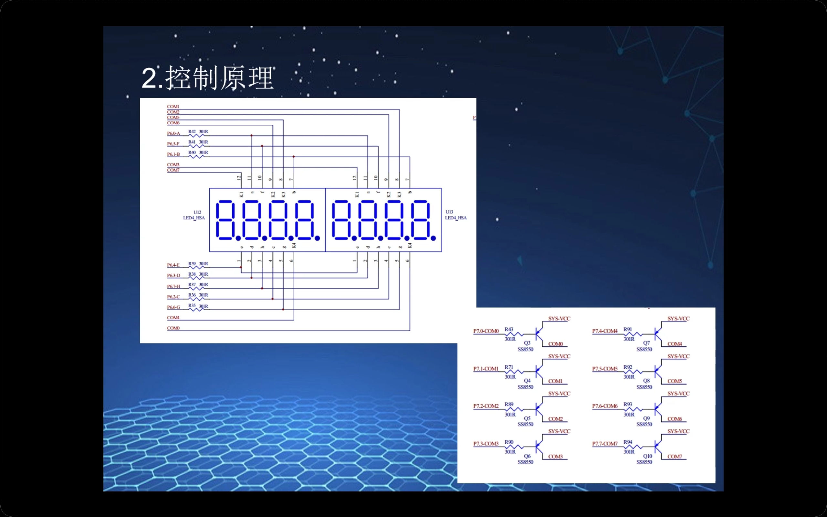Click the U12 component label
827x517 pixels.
pyautogui.click(x=197, y=212)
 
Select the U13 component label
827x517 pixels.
pyautogui.click(x=449, y=212)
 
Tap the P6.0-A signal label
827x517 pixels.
pyautogui.click(x=173, y=133)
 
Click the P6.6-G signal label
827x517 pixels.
pyautogui.click(x=173, y=307)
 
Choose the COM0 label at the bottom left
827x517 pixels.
pyautogui.click(x=173, y=328)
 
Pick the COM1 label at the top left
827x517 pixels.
pyautogui.click(x=173, y=107)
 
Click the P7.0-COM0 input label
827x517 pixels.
pyautogui.click(x=486, y=331)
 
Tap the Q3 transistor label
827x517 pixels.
pyautogui.click(x=527, y=343)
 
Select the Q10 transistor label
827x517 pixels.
pyautogui.click(x=647, y=456)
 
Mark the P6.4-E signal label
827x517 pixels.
pyautogui.click(x=173, y=265)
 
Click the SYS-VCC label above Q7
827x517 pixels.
pyautogui.click(x=678, y=319)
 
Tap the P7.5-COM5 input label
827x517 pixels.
pyautogui.click(x=605, y=369)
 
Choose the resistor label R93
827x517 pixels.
pyautogui.click(x=628, y=405)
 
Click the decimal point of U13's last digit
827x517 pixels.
pyautogui.click(x=433, y=238)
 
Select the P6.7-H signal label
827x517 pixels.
pyautogui.click(x=173, y=286)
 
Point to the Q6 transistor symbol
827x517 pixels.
pyautogui.click(x=539, y=446)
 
